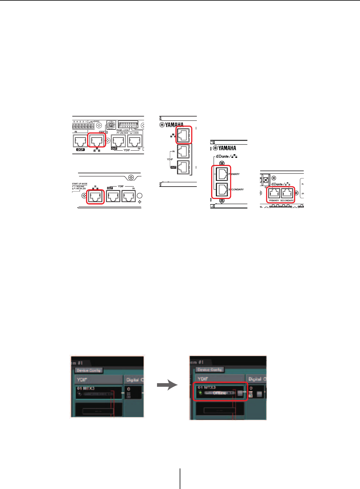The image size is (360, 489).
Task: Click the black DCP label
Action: pyautogui.click(x=80, y=150)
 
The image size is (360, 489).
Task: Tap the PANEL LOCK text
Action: pyautogui.click(x=123, y=130)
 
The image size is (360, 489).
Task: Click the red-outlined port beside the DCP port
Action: pyautogui.click(x=97, y=141)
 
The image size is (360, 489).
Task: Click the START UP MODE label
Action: pyautogui.click(x=80, y=184)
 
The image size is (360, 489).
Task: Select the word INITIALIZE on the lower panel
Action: pyautogui.click(x=81, y=189)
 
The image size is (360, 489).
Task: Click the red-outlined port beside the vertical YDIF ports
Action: pyautogui.click(x=184, y=135)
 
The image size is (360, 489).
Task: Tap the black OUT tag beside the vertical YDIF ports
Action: pyautogui.click(x=173, y=167)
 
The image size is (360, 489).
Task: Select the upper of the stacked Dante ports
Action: pyautogui.click(x=222, y=174)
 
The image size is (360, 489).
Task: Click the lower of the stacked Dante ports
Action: pyautogui.click(x=222, y=190)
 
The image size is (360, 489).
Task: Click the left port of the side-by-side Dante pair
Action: pyautogui.click(x=274, y=193)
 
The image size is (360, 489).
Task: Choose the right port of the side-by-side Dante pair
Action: pyautogui.click(x=287, y=193)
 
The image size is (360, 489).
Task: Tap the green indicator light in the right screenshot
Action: pyautogui.click(x=200, y=393)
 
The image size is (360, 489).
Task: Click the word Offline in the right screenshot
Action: pyautogui.click(x=219, y=393)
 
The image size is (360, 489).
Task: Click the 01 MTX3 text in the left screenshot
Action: pyautogui.click(x=86, y=388)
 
